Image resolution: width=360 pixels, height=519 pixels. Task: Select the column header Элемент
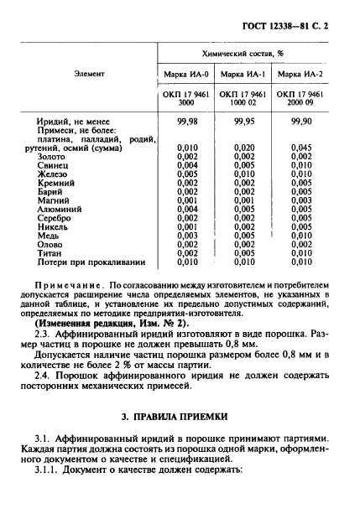pyautogui.click(x=89, y=75)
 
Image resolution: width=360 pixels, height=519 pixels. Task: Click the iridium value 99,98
pyautogui.click(x=187, y=122)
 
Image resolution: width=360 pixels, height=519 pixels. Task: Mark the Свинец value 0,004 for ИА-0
pyautogui.click(x=187, y=165)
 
